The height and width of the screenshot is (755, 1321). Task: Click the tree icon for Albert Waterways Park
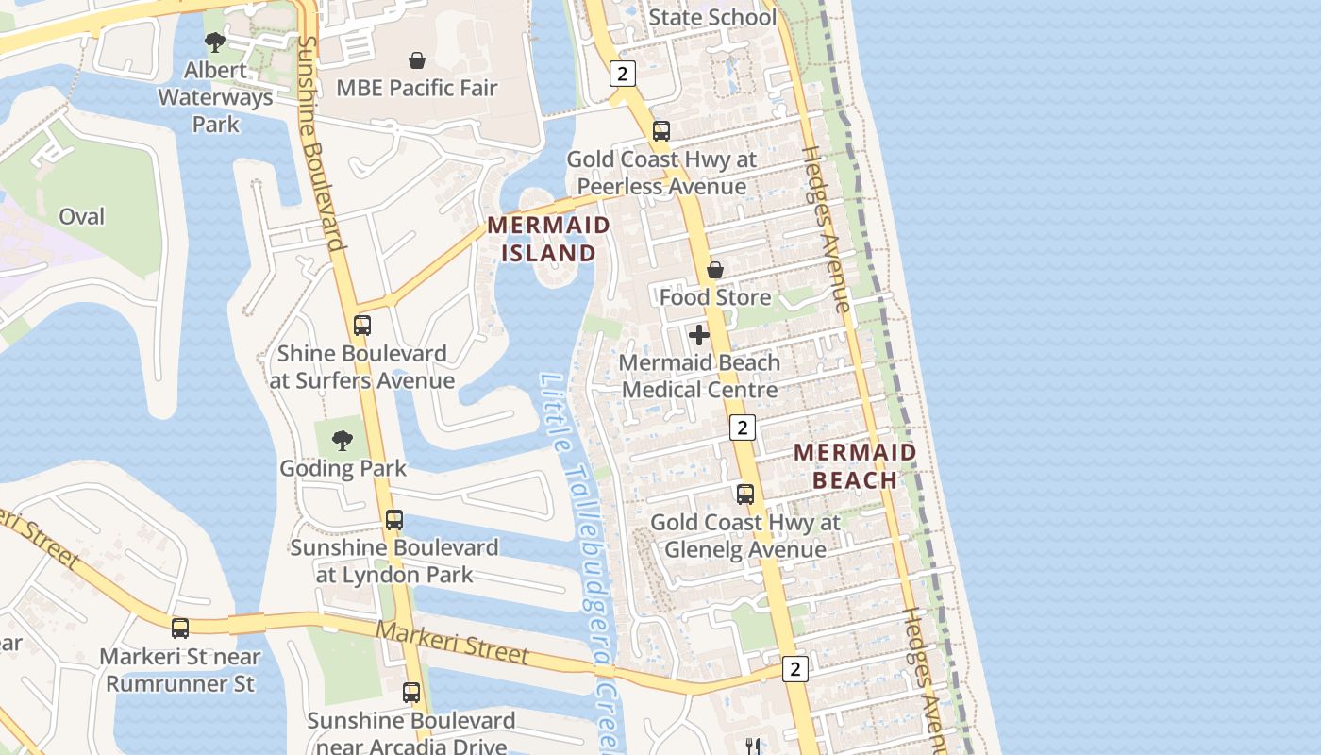(x=215, y=42)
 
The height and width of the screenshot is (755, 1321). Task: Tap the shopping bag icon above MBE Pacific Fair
(x=416, y=60)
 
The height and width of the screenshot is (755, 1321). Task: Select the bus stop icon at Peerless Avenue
(x=661, y=131)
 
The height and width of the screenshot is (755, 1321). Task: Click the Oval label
(x=82, y=216)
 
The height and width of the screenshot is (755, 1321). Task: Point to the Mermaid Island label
(x=548, y=239)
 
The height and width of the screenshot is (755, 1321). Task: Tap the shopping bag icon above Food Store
(x=715, y=270)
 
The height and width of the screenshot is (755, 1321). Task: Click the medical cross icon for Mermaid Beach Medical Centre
(x=699, y=335)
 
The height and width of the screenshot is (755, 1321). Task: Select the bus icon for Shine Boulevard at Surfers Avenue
(x=362, y=326)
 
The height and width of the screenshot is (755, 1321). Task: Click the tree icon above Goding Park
(x=343, y=440)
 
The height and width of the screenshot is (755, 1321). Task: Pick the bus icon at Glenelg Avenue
(x=745, y=494)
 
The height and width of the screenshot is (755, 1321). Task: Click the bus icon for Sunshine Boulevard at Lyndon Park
(x=394, y=519)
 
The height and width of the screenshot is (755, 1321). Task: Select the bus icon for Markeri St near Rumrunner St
(x=180, y=628)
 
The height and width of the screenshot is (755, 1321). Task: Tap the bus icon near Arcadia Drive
(x=411, y=692)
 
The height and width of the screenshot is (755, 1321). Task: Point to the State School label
(x=712, y=17)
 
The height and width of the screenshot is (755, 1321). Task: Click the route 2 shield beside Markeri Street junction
(x=795, y=669)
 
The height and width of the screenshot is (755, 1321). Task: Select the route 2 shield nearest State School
(x=622, y=73)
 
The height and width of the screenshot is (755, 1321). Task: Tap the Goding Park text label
(x=343, y=468)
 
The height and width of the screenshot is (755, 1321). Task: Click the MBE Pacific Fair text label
(x=417, y=89)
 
